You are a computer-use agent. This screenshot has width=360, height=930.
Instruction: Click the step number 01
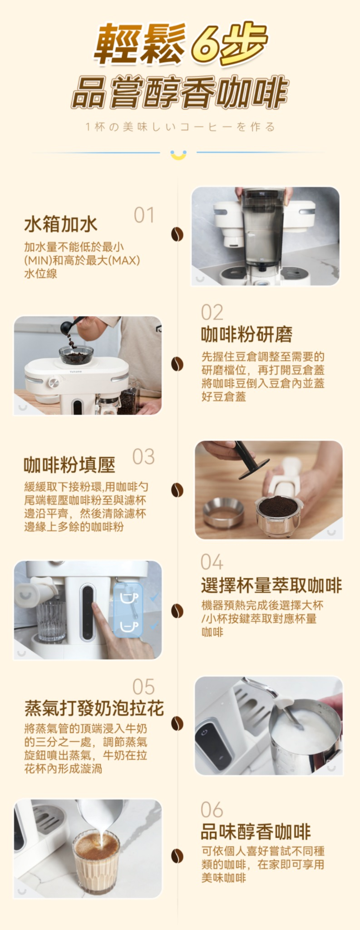(x=144, y=215)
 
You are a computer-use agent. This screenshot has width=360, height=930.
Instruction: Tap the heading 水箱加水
(x=61, y=224)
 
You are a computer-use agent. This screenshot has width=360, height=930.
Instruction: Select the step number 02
(x=212, y=312)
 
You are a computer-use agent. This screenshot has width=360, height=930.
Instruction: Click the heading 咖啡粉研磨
(x=247, y=335)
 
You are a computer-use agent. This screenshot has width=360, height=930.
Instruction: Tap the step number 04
(x=212, y=562)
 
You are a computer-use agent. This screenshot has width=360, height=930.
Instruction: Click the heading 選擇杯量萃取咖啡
(x=271, y=585)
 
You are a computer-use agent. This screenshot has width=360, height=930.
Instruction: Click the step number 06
(x=212, y=810)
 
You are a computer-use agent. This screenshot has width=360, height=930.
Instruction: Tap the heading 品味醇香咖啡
(x=256, y=832)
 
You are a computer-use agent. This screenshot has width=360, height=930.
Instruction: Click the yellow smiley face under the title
(x=178, y=154)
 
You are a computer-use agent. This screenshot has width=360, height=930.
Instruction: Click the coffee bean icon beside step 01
(x=177, y=234)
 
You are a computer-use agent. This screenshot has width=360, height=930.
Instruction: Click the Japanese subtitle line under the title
(x=180, y=127)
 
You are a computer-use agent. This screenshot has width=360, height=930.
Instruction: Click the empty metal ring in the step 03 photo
(x=223, y=512)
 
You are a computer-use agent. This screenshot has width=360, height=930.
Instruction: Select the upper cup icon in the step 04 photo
(x=128, y=598)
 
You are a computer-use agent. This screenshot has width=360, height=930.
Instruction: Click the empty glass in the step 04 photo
(x=51, y=620)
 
